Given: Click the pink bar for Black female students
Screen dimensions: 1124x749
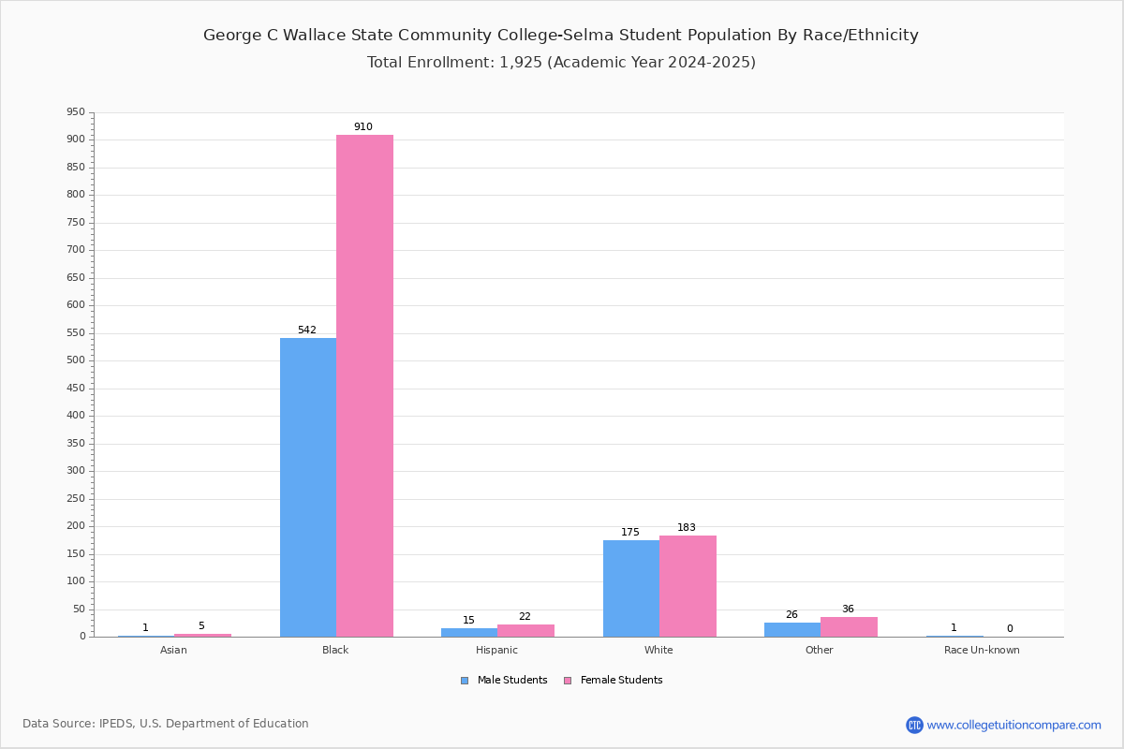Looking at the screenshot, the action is (364, 386).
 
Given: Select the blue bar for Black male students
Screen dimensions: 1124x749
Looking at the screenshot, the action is (308, 488).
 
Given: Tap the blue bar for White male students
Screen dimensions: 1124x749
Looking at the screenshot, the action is (631, 589).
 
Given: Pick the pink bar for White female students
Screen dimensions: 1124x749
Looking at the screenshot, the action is (688, 586).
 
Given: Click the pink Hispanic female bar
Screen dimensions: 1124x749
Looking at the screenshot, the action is (525, 631).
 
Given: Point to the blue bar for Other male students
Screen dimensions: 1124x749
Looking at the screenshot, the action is (792, 629).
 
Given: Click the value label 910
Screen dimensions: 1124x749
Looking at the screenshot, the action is (363, 126).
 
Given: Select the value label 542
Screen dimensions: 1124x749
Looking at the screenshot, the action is (307, 330).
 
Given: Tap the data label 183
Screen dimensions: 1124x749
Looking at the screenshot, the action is (687, 527).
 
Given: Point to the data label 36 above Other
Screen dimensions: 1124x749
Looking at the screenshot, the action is (848, 609).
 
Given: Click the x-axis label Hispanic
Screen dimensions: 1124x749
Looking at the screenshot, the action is (496, 650).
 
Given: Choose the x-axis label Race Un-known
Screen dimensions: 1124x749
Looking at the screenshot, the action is (982, 650).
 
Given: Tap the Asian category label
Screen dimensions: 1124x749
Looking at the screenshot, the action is (173, 650).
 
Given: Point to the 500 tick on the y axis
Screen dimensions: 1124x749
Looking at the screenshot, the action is (76, 360).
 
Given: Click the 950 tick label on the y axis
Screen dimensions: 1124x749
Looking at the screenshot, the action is (76, 111).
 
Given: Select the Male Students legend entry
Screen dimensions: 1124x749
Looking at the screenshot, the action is (504, 681).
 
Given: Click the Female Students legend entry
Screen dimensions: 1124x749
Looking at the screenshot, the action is (614, 681).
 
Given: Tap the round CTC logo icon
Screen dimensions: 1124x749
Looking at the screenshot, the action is (914, 725).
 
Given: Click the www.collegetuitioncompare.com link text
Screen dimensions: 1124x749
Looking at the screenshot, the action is (1013, 725).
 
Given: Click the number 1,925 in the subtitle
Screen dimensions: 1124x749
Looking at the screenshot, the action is (521, 62).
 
